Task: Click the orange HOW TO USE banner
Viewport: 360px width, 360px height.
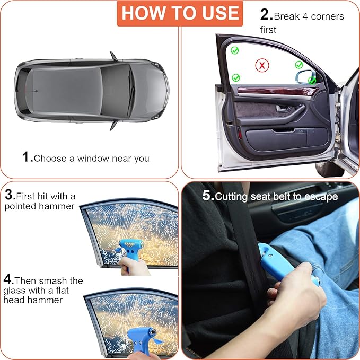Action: point(180,13)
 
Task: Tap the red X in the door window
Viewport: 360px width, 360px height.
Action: point(261,65)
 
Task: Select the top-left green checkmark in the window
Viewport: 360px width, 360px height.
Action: point(234,50)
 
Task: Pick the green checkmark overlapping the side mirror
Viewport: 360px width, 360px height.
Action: point(312,81)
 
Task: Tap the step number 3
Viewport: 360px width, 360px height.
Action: point(8,196)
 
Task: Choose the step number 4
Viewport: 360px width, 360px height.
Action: point(8,279)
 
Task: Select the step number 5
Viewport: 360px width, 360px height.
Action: point(207,196)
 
